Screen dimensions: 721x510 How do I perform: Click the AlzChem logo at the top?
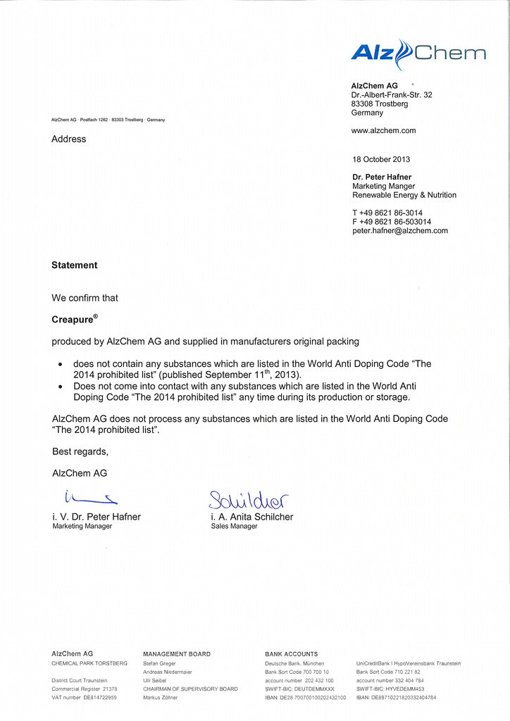click(418, 54)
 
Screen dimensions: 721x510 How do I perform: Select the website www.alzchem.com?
click(383, 130)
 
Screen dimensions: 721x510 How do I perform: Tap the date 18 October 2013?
click(381, 159)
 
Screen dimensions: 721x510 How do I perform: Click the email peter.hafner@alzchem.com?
click(400, 231)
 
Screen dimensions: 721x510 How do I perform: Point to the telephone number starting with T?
click(387, 213)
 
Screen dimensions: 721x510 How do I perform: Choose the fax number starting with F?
click(392, 222)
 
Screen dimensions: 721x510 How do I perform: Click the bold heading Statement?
click(75, 265)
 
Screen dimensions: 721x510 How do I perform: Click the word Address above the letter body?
click(69, 139)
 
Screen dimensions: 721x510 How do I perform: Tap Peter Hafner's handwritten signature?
click(89, 499)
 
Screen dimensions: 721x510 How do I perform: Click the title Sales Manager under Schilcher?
click(234, 526)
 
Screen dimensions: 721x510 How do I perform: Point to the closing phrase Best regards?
click(80, 451)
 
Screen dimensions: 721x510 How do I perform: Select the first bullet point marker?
click(61, 365)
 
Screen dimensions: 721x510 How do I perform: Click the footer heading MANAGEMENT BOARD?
click(176, 654)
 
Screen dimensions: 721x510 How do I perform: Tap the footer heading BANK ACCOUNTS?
click(291, 654)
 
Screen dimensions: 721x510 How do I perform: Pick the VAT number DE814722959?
click(85, 697)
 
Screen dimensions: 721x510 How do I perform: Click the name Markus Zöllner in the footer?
click(160, 697)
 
